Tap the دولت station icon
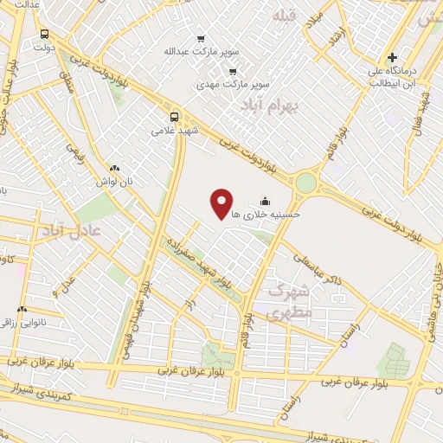point(44,35)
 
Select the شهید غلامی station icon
point(175,117)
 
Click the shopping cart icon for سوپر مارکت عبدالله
point(201,39)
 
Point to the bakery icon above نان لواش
point(113,169)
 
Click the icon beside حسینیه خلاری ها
point(264,202)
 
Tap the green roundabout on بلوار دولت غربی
point(305,183)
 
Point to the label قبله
point(284,16)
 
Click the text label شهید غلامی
point(175,132)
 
